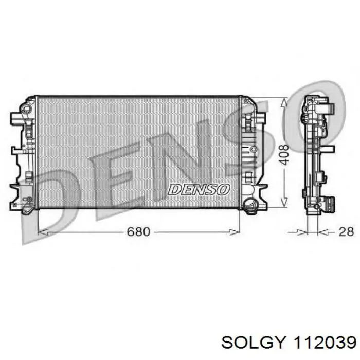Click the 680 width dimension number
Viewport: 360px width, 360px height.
pos(138,232)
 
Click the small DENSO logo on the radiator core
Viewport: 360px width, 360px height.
pos(199,189)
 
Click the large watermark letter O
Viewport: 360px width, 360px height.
pos(314,116)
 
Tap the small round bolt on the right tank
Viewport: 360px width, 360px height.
pos(253,149)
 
